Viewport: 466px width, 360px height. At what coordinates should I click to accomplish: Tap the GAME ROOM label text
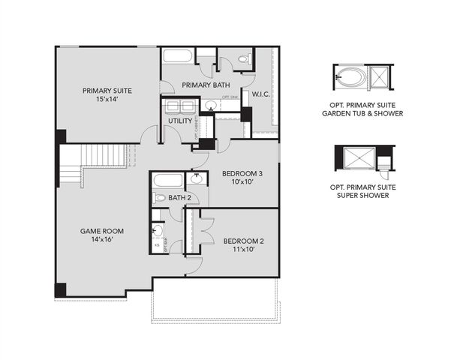coord(102,231)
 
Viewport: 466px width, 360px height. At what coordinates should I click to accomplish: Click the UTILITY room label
coord(179,120)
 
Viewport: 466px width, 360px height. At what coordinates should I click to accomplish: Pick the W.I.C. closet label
coord(260,94)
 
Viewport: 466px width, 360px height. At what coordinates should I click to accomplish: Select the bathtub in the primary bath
coord(179,58)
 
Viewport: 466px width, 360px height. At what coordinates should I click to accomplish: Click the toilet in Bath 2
coord(158,198)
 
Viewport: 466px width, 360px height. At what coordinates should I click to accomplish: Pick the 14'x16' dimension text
coord(102,241)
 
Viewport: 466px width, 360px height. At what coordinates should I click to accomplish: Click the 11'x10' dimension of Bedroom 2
coord(242,250)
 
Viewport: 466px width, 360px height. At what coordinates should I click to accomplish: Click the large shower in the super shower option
coord(356,157)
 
